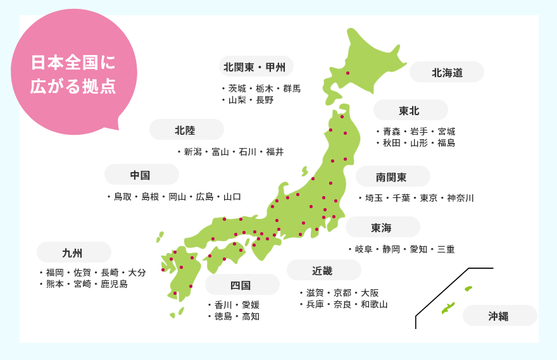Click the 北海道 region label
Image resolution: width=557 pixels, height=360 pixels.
[447, 73]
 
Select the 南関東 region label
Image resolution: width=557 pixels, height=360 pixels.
[391, 177]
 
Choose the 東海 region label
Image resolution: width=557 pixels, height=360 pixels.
[382, 227]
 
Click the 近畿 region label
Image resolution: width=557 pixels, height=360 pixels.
[322, 270]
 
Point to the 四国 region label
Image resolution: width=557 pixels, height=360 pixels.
[241, 285]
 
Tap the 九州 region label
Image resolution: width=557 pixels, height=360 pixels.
[73, 252]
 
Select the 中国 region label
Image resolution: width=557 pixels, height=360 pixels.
[141, 175]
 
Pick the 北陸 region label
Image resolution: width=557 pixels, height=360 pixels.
[185, 130]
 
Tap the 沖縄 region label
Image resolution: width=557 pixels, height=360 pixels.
[499, 316]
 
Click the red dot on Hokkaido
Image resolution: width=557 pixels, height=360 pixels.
[347, 73]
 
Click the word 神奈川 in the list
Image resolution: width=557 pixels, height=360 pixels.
[460, 198]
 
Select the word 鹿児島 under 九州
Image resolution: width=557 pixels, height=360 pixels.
[115, 284]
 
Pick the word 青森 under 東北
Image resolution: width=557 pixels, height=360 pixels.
[391, 132]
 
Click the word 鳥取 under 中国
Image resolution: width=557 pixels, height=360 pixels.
[122, 197]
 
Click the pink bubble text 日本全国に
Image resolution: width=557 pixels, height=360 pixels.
[73, 63]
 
